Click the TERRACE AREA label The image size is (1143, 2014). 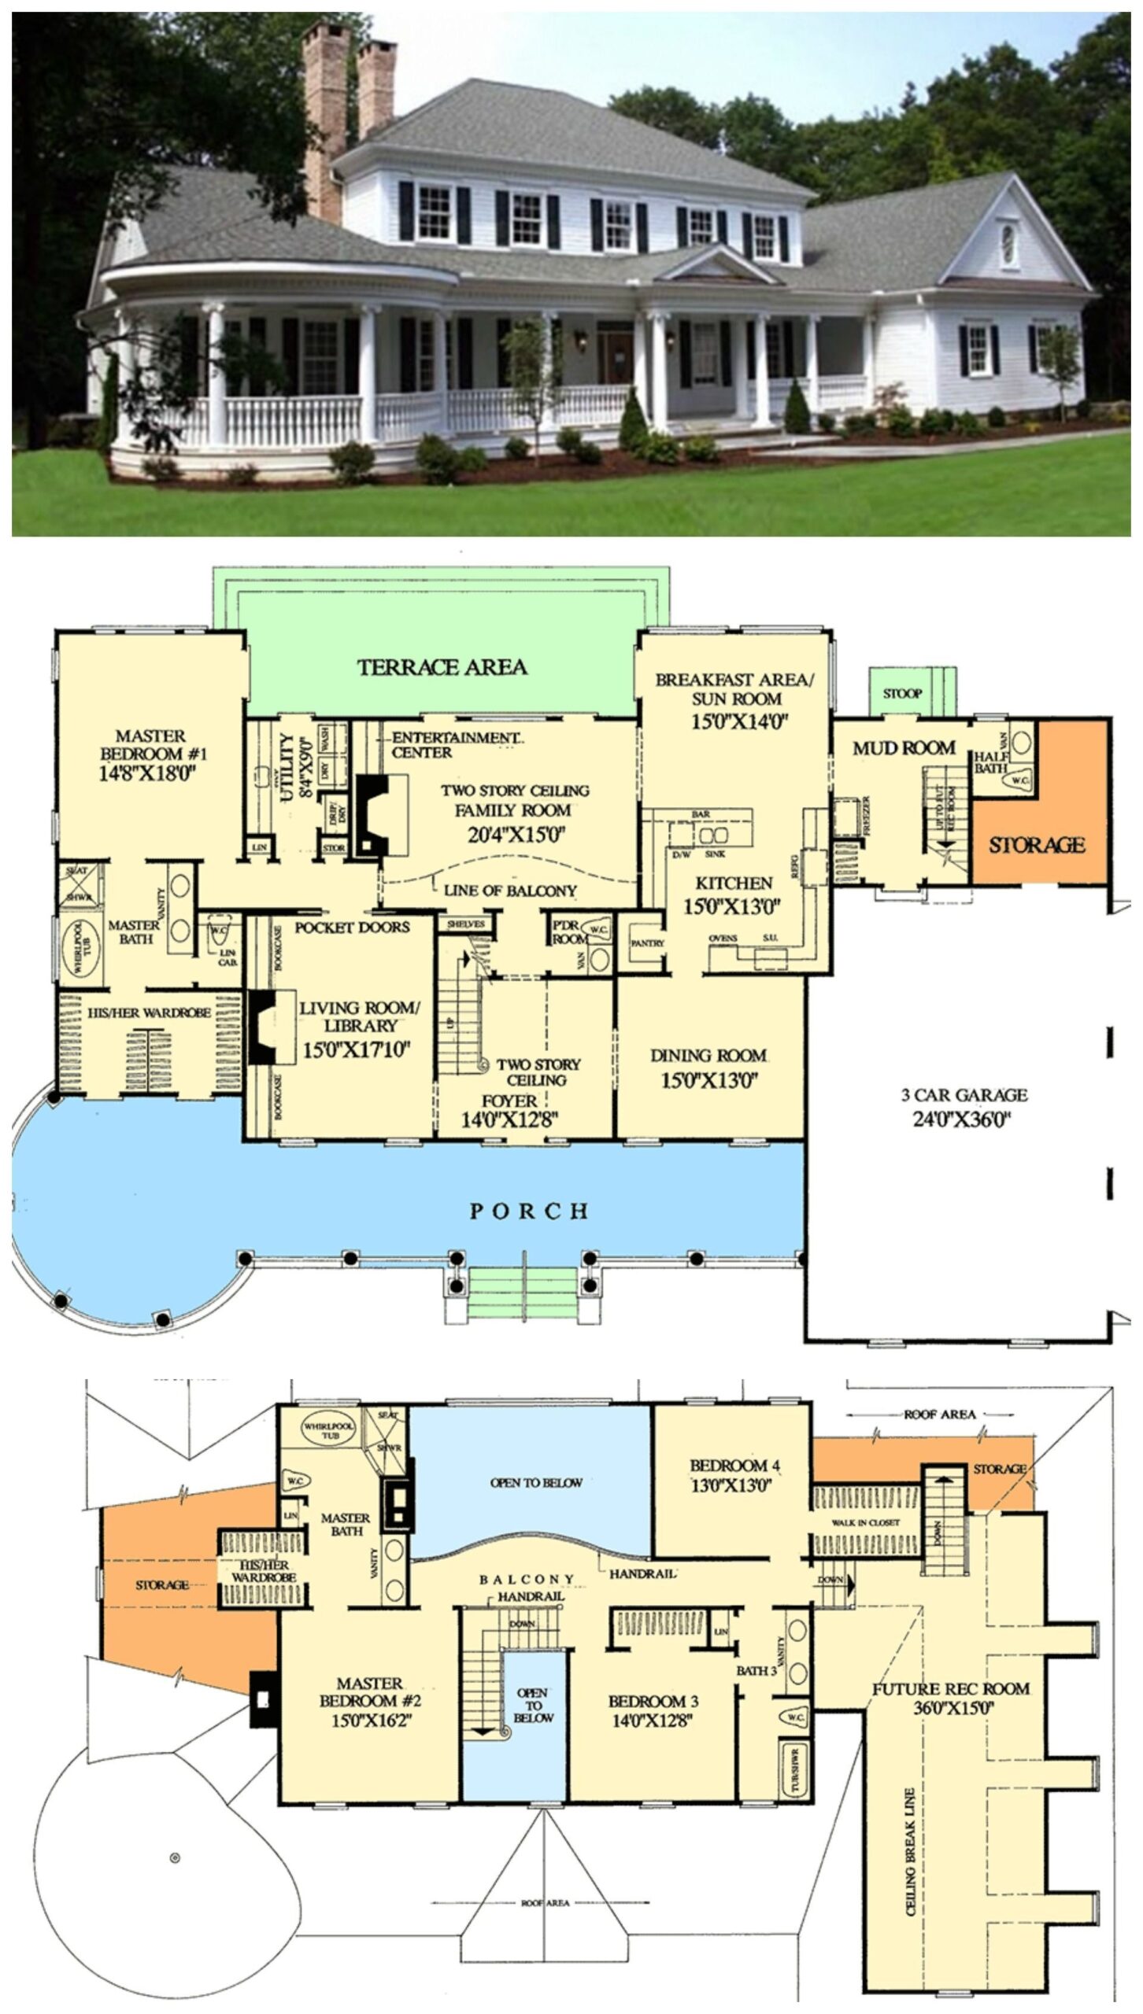coord(442,667)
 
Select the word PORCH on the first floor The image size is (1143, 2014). coord(528,1212)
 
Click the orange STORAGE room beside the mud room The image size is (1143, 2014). coord(1037,846)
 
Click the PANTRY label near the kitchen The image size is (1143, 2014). coord(647,942)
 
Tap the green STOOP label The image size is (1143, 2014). coord(902,694)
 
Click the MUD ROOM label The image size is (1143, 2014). coord(904,748)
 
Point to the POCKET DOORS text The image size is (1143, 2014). coord(352,928)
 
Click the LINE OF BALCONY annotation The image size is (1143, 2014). coord(510,891)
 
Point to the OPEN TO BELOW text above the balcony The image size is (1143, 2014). coord(535,1483)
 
